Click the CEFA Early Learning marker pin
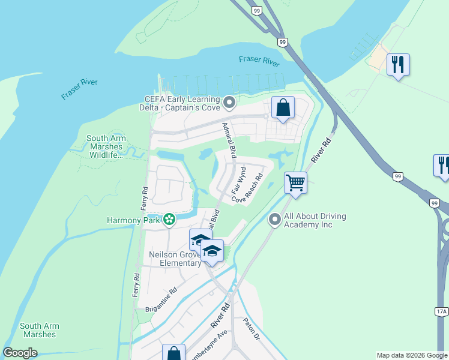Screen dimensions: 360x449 [x=229, y=103]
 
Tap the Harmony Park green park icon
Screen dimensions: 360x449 [x=169, y=220]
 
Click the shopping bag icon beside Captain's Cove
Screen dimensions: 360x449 [x=283, y=107]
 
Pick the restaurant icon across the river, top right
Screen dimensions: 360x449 [x=398, y=64]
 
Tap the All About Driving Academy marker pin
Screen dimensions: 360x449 [x=275, y=220]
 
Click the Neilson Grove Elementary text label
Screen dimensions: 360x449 [x=175, y=259]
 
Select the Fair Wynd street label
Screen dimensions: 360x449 [x=239, y=180]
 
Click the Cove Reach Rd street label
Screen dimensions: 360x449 [x=252, y=188]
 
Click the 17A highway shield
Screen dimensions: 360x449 [x=441, y=311]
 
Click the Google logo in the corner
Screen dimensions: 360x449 [x=20, y=353]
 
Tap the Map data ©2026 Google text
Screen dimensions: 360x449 [x=411, y=355]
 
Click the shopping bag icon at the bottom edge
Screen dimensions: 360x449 [x=173, y=353]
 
